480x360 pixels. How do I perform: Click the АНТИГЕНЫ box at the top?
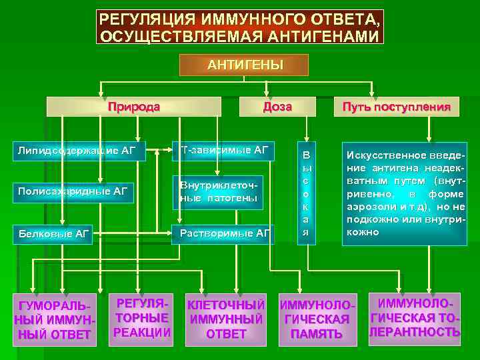pyautogui.click(x=245, y=65)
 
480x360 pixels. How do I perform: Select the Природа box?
pyautogui.click(x=134, y=107)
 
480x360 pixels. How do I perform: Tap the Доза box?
pyautogui.click(x=277, y=107)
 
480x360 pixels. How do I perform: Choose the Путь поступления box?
pyautogui.click(x=396, y=107)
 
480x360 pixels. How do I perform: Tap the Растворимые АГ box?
pyautogui.click(x=223, y=233)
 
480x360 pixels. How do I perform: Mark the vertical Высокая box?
pyautogui.click(x=306, y=193)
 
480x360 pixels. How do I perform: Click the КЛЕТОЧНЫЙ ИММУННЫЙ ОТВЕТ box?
pyautogui.click(x=226, y=319)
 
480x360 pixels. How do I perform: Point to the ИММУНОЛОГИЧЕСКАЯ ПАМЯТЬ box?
pyautogui.click(x=317, y=319)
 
